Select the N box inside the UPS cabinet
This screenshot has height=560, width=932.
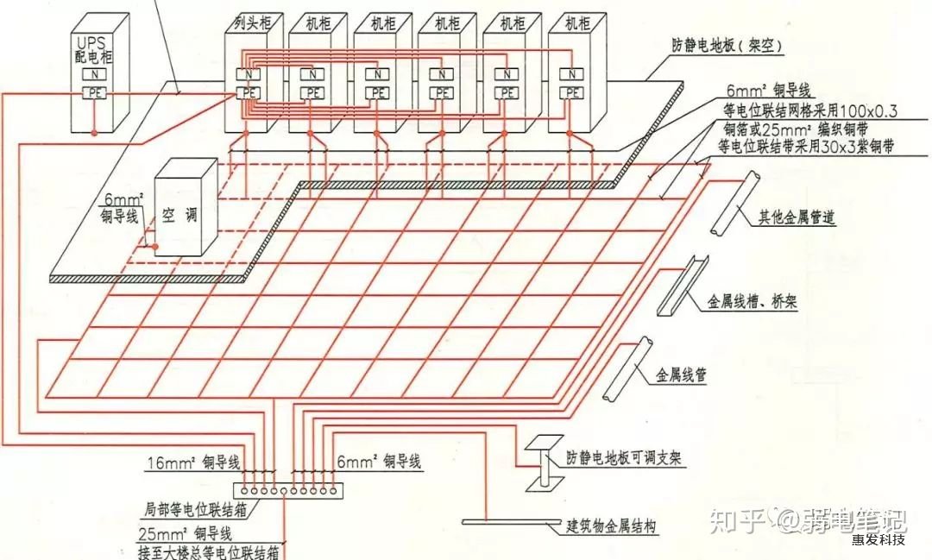[x=94, y=74]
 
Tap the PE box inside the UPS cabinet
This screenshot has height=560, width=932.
[x=94, y=92]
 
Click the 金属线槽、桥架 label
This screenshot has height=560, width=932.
[x=757, y=302]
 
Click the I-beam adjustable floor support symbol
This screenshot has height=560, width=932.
[x=544, y=466]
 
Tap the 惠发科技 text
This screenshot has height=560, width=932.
[x=878, y=540]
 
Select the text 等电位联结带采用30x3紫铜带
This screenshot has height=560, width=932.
[x=806, y=148]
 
